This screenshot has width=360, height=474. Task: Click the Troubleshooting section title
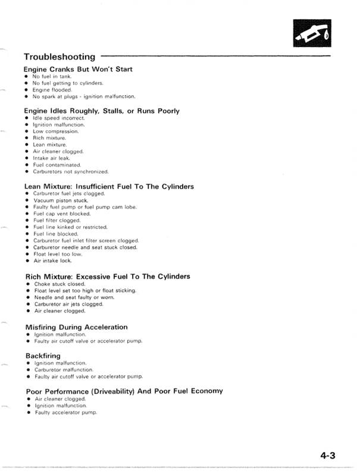click(60, 57)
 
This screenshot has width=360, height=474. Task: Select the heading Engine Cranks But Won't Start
click(78, 69)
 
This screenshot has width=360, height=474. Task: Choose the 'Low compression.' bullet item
click(56, 131)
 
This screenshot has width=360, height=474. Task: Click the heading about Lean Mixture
click(109, 187)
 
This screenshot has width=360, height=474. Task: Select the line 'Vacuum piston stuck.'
click(60, 200)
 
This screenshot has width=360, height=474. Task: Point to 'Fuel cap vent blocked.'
click(62, 214)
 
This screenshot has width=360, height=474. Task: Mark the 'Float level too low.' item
click(58, 253)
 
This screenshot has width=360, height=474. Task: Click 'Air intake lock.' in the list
click(53, 260)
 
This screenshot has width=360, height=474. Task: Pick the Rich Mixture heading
click(108, 277)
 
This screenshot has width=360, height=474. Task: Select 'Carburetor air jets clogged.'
click(68, 304)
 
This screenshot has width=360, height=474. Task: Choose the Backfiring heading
click(43, 356)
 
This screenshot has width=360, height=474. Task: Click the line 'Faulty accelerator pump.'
click(65, 412)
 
